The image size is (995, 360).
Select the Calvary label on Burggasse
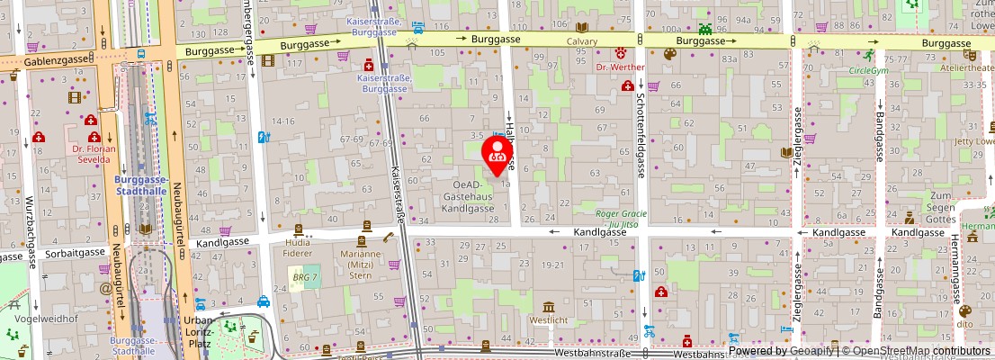coord(582,41)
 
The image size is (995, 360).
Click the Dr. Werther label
coord(621,67)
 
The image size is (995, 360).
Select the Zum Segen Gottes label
coord(941,208)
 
